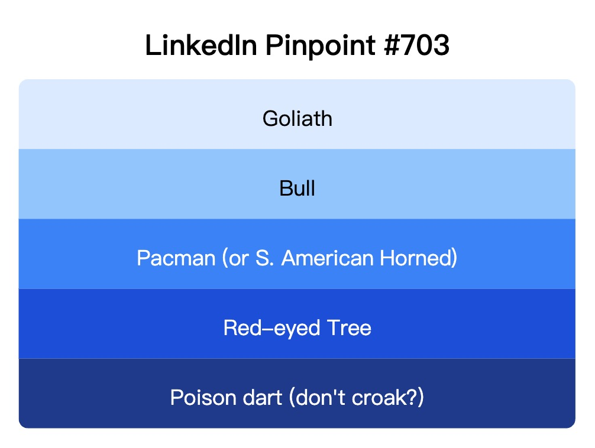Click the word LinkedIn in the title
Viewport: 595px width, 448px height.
point(201,46)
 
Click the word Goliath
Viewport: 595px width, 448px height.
point(297,119)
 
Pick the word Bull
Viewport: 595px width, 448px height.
point(297,189)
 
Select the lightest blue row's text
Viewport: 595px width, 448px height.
point(297,119)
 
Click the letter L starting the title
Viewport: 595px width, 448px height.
point(150,46)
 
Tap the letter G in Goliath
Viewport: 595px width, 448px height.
point(270,119)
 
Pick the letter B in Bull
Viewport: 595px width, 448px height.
point(284,189)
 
